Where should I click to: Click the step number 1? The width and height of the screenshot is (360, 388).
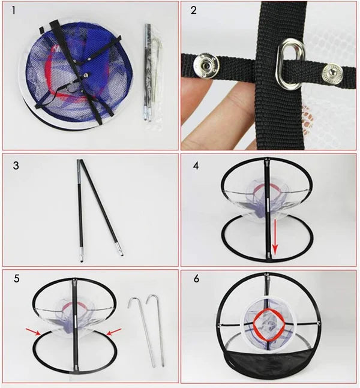(14, 10)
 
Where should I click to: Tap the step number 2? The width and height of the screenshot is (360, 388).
(194, 10)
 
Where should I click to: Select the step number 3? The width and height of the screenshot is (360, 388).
(16, 166)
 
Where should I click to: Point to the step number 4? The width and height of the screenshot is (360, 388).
(196, 166)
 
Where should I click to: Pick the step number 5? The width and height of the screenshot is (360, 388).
(16, 279)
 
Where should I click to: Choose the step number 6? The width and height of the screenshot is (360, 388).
(196, 279)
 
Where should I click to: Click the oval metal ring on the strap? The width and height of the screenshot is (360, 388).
(290, 64)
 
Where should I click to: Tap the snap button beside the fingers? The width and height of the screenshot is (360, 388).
(206, 65)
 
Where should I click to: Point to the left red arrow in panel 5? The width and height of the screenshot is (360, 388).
(34, 332)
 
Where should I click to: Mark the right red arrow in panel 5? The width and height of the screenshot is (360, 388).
(114, 332)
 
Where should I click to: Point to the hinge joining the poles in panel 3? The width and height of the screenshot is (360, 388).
(80, 161)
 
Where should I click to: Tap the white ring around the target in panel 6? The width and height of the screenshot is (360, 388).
(269, 297)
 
